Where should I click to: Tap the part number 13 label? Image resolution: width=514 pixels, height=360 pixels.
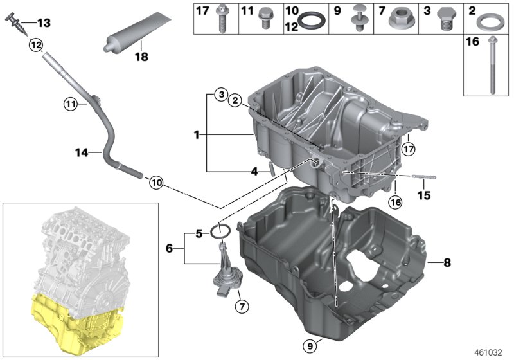tap(43, 23)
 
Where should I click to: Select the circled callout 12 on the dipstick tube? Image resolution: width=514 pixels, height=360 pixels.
tap(35, 45)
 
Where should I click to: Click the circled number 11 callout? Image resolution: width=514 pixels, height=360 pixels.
tap(70, 103)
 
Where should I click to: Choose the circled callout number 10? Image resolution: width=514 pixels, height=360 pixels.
tap(156, 182)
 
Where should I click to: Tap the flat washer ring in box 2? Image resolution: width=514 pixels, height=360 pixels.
tap(490, 22)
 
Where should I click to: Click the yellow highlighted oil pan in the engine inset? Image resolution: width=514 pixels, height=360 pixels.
tap(77, 321)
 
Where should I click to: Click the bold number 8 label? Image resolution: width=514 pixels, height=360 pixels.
tap(447, 262)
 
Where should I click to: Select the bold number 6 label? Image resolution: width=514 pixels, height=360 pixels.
tap(170, 248)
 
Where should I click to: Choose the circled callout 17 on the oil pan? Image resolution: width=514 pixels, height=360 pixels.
tap(409, 148)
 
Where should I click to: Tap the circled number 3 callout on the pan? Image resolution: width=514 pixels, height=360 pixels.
tap(220, 95)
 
